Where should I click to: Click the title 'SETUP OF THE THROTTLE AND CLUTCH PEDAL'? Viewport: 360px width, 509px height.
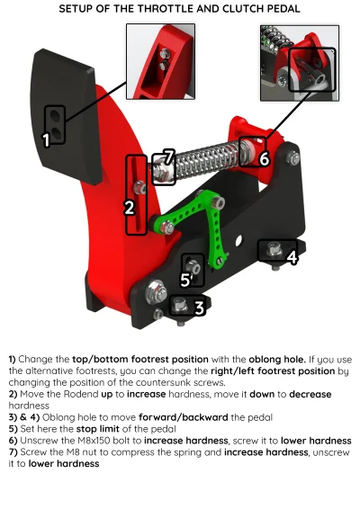pyautogui.click(x=179, y=8)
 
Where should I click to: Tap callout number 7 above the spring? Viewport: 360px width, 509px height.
pyautogui.click(x=167, y=156)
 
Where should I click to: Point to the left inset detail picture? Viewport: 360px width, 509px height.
pyautogui.click(x=160, y=60)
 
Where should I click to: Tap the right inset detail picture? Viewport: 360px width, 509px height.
pyautogui.click(x=298, y=60)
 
